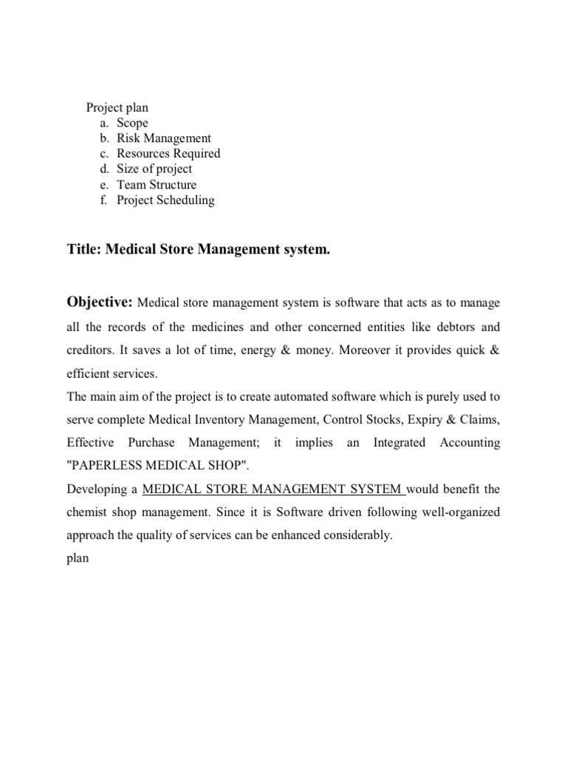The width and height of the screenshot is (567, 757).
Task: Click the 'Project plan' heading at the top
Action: (x=117, y=107)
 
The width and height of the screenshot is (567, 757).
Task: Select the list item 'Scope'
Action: (x=132, y=123)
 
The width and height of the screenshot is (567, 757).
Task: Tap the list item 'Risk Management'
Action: (x=163, y=138)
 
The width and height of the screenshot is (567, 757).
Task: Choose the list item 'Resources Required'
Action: (x=168, y=154)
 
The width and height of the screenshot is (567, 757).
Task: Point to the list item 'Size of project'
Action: (x=154, y=169)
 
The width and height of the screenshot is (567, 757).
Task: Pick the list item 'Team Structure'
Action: (x=157, y=185)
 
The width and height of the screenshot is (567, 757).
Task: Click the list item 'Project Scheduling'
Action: (x=165, y=200)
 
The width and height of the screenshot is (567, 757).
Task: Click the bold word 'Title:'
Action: (x=84, y=251)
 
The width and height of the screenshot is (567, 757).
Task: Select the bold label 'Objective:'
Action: (x=100, y=302)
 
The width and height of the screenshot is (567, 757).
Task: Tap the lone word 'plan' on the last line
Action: (x=78, y=559)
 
